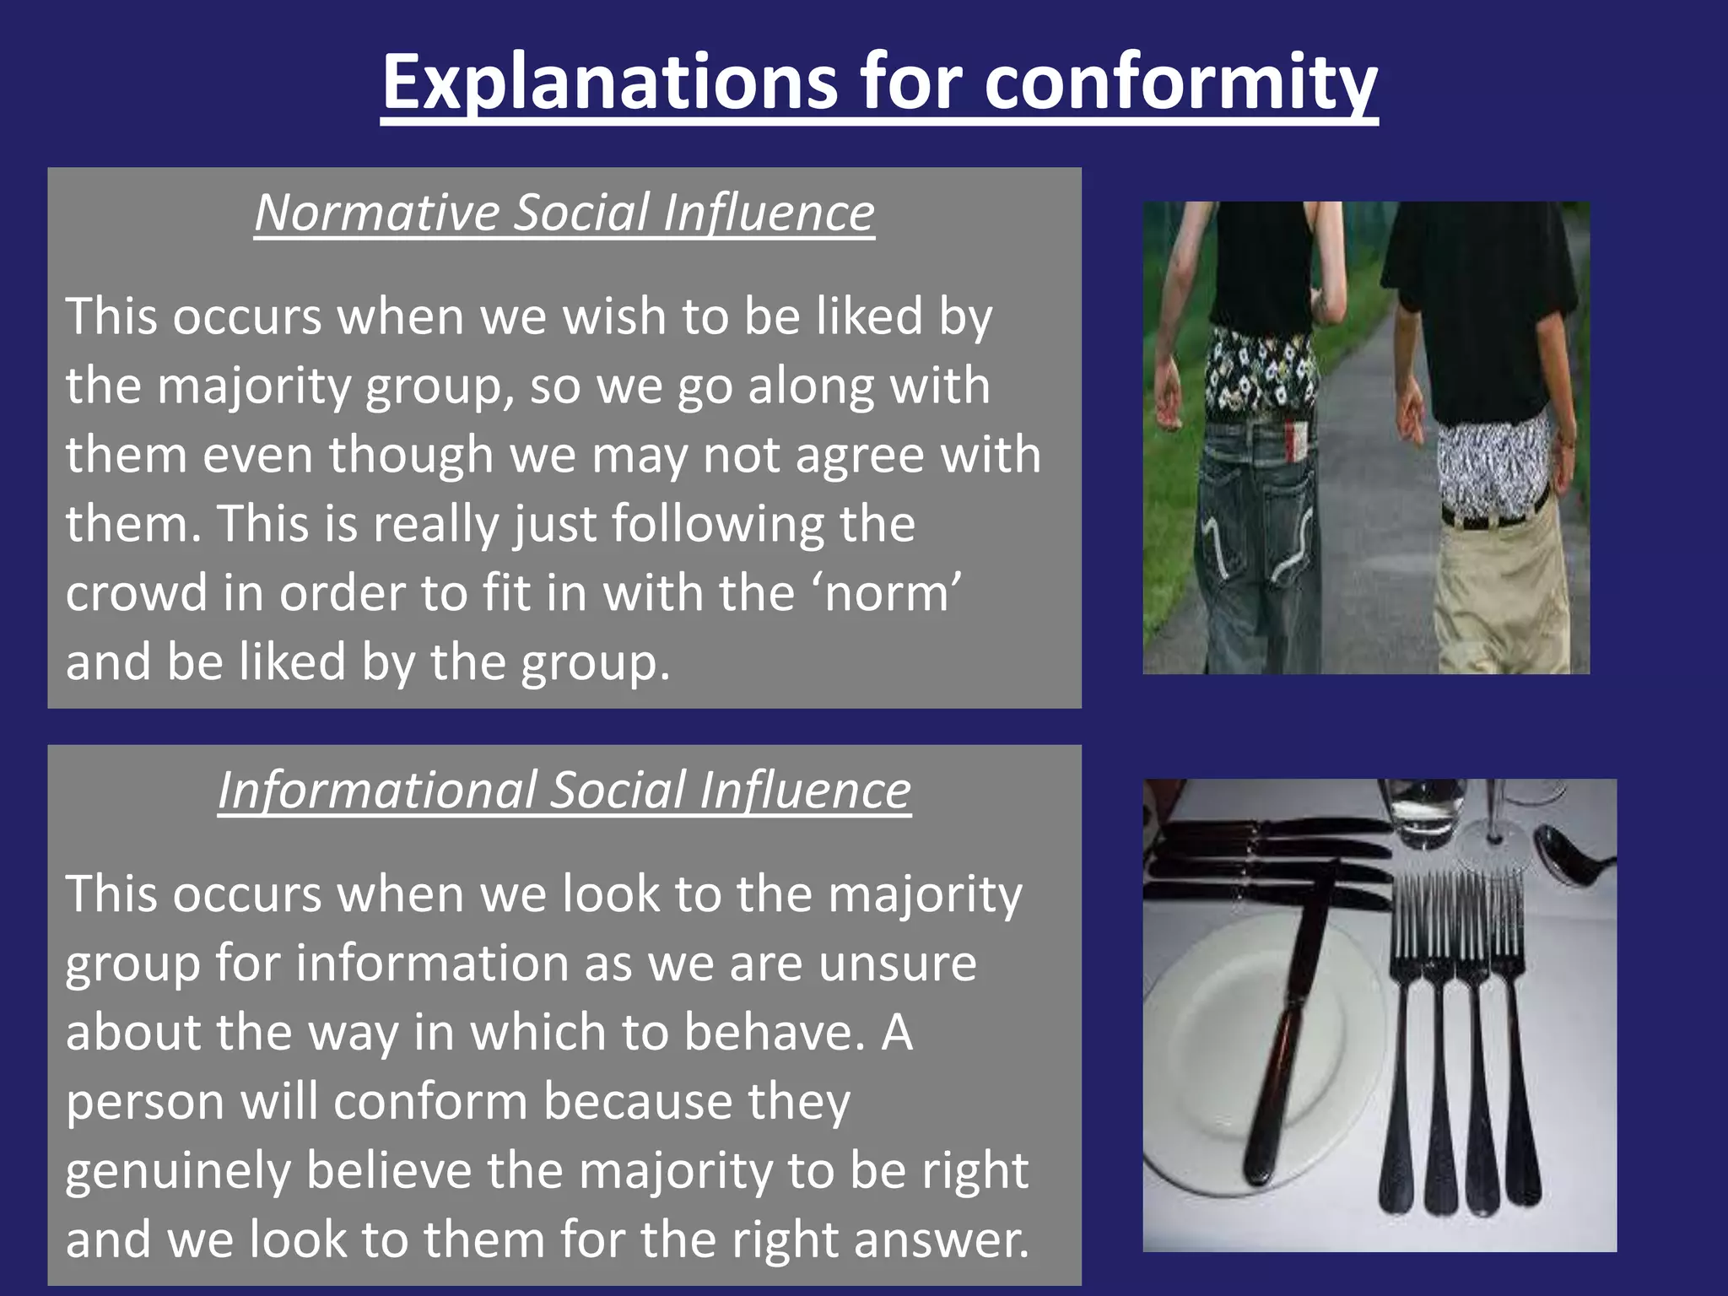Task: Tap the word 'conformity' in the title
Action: [x=1180, y=82]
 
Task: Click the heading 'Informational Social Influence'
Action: [x=564, y=791]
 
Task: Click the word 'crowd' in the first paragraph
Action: [x=136, y=592]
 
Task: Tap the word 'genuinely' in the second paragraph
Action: [x=177, y=1171]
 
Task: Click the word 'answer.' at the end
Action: [x=942, y=1240]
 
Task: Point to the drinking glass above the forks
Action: [x=1426, y=806]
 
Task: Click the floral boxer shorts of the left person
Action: [x=1257, y=371]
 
